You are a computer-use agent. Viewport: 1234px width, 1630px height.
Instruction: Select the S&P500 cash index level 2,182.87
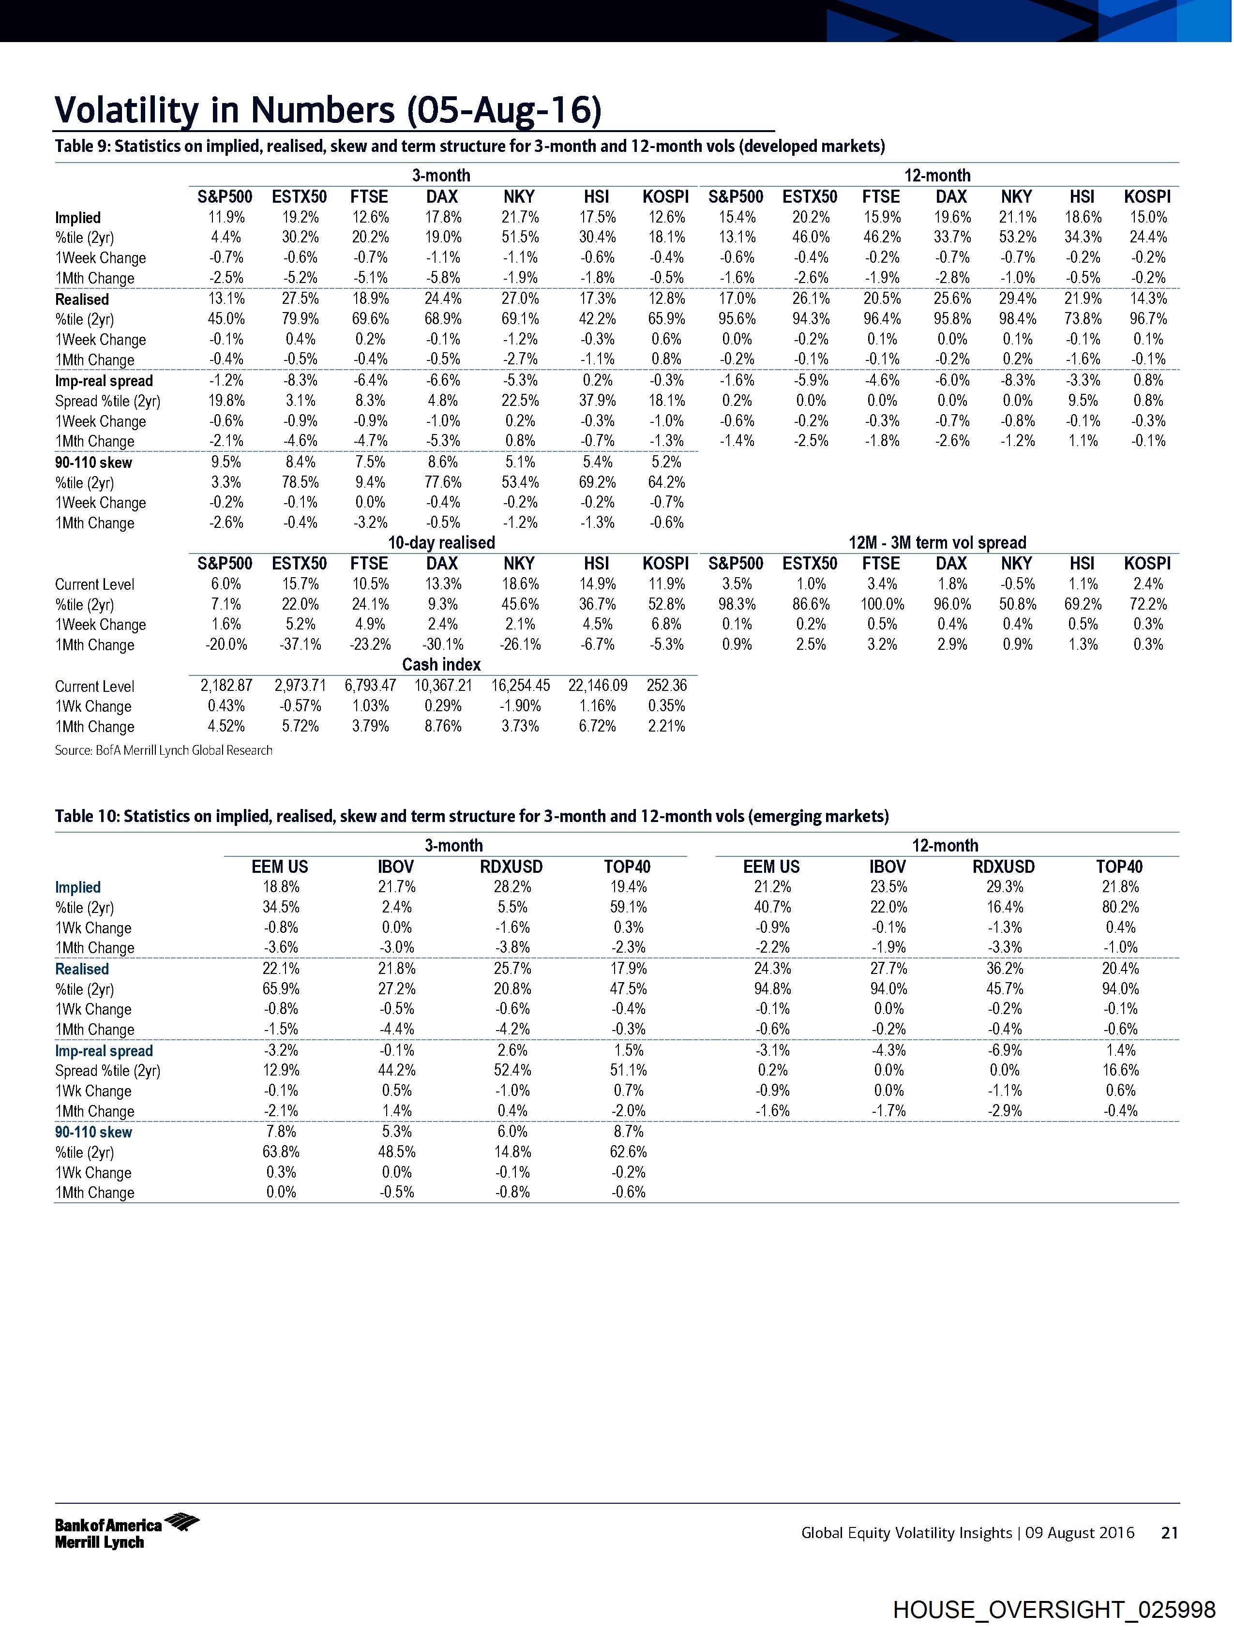pyautogui.click(x=226, y=685)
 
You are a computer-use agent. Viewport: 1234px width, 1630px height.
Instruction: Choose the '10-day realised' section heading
pyautogui.click(x=441, y=542)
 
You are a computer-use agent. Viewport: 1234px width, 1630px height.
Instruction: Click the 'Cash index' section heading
pyautogui.click(x=441, y=665)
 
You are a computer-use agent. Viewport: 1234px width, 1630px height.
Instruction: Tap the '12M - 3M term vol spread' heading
pyautogui.click(x=937, y=542)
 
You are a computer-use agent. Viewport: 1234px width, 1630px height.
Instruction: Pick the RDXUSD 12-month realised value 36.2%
pyautogui.click(x=1004, y=968)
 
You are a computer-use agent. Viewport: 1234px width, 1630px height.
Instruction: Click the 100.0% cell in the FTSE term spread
pyautogui.click(x=882, y=604)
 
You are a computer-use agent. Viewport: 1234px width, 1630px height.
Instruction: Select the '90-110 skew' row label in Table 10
pyautogui.click(x=93, y=1132)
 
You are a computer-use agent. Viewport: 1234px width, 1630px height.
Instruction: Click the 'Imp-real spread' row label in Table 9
pyautogui.click(x=104, y=381)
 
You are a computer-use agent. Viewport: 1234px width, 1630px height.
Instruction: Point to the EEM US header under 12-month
pyautogui.click(x=771, y=867)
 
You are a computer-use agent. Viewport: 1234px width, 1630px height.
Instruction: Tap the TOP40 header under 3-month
pyautogui.click(x=627, y=867)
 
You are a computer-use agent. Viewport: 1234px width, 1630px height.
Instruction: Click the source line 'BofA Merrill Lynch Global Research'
pyautogui.click(x=164, y=750)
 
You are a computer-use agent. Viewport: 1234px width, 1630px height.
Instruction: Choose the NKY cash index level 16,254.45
pyautogui.click(x=520, y=685)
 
